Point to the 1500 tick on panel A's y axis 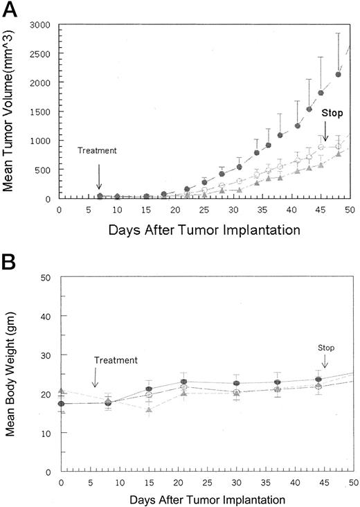click(42, 112)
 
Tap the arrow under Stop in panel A click(326, 131)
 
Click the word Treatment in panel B click(116, 359)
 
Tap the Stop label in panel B click(326, 347)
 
